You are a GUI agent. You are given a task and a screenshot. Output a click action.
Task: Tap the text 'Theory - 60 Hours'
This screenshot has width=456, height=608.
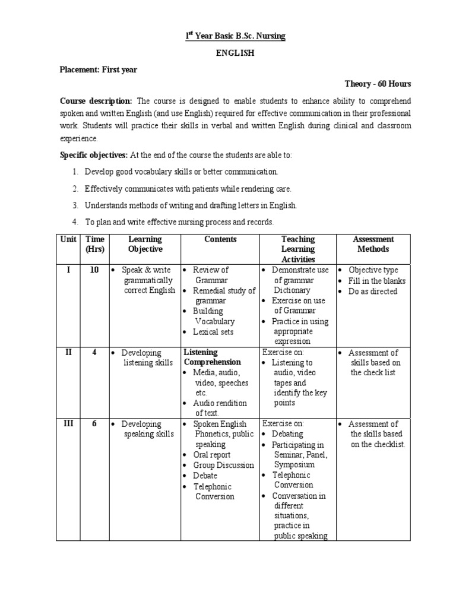pyautogui.click(x=378, y=84)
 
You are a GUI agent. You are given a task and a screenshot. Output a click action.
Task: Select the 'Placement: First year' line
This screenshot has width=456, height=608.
pyautogui.click(x=99, y=69)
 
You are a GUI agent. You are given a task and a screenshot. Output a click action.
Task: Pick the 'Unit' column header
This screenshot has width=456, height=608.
pyautogui.click(x=68, y=239)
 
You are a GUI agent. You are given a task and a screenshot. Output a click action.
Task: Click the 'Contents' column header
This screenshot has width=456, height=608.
pyautogui.click(x=220, y=239)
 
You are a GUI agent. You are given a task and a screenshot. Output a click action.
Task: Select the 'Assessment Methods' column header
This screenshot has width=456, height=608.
pyautogui.click(x=373, y=244)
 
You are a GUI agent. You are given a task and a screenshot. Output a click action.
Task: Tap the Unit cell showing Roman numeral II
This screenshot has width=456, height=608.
pyautogui.click(x=68, y=352)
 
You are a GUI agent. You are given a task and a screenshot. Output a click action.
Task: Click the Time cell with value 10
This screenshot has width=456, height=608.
pyautogui.click(x=94, y=270)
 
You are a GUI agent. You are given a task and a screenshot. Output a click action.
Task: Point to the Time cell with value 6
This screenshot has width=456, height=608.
pyautogui.click(x=94, y=424)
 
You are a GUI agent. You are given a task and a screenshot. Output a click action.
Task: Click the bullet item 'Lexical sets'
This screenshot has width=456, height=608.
pyautogui.click(x=213, y=332)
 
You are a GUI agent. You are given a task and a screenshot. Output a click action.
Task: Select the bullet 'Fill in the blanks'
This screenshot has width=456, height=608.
pyautogui.click(x=377, y=281)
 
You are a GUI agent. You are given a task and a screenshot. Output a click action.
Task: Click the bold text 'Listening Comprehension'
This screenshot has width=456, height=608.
pyautogui.click(x=212, y=357)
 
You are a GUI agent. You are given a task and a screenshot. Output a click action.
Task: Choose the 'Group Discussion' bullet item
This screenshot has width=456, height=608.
pyautogui.click(x=223, y=465)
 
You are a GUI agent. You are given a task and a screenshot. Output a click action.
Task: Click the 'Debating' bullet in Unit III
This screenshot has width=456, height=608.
pyautogui.click(x=287, y=434)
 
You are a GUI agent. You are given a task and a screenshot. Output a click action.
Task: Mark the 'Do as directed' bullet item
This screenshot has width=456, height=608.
pyautogui.click(x=373, y=292)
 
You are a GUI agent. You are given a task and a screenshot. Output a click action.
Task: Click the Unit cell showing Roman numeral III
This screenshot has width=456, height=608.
pyautogui.click(x=68, y=424)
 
